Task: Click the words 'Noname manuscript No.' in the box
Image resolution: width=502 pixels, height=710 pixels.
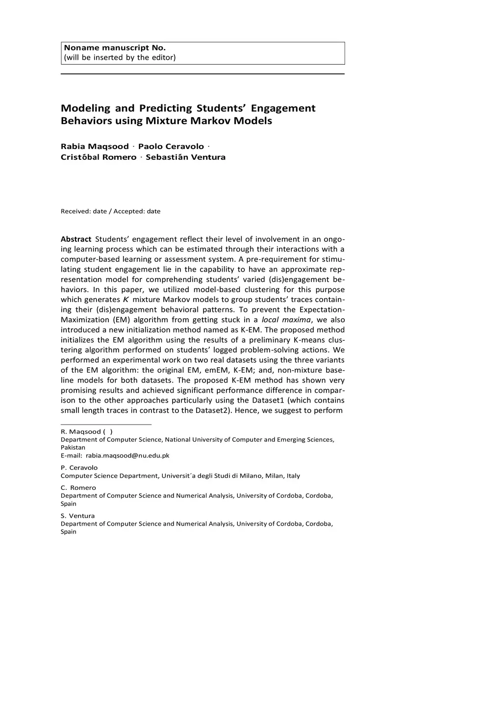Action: [x=115, y=48]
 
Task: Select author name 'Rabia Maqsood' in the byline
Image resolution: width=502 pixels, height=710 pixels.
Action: [x=95, y=147]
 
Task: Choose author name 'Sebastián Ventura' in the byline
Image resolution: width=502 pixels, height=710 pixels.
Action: [x=185, y=157]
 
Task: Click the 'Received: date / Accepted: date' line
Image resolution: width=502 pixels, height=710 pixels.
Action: [x=110, y=211]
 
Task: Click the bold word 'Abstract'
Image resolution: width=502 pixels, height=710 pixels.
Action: [x=76, y=239]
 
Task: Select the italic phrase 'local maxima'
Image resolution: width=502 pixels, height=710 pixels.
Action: [x=286, y=320]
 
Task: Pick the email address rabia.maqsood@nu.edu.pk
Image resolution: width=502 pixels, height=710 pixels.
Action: [x=127, y=456]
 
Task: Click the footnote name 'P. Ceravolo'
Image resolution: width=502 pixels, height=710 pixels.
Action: [x=79, y=468]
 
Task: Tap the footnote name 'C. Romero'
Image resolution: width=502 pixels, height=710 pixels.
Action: [x=78, y=488]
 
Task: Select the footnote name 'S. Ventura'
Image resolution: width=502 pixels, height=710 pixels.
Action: [x=77, y=516]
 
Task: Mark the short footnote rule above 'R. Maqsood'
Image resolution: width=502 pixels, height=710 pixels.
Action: [x=106, y=424]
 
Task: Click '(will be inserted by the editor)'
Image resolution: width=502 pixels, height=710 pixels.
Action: [x=120, y=57]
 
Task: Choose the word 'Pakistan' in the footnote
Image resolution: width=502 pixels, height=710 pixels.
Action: [x=73, y=448]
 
